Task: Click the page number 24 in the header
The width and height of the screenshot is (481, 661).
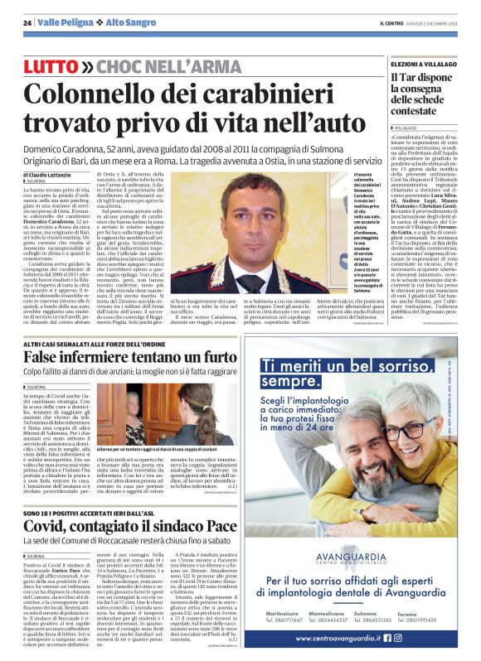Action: (27, 23)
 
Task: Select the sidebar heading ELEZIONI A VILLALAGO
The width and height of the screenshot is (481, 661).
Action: (425, 64)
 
